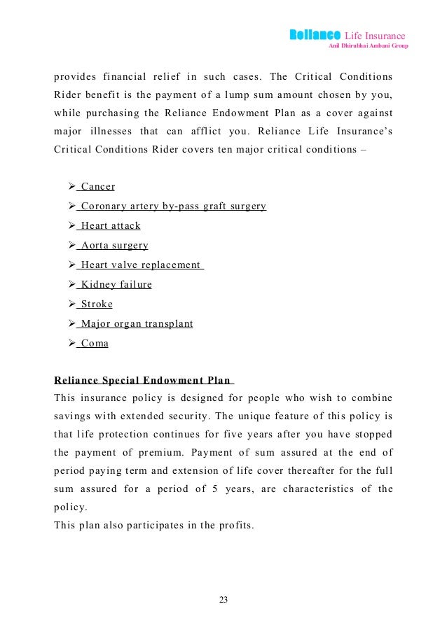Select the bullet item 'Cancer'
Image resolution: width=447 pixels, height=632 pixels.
(x=98, y=187)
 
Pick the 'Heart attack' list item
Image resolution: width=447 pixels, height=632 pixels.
(x=111, y=226)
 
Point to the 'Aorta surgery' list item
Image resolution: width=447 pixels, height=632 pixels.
(x=114, y=246)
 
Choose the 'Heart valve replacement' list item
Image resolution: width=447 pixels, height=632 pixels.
(x=141, y=265)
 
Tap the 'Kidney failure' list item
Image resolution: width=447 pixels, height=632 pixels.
(x=116, y=285)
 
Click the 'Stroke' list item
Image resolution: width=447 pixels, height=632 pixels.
(x=97, y=304)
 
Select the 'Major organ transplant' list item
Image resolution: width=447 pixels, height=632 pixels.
(x=137, y=324)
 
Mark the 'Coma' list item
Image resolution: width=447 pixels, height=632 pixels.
(x=95, y=344)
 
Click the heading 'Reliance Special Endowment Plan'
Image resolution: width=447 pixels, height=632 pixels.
(x=143, y=381)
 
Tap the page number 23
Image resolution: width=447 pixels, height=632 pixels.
(x=223, y=600)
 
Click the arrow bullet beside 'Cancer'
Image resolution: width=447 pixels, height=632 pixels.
(x=69, y=187)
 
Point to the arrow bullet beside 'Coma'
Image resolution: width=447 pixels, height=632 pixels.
(x=69, y=344)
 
